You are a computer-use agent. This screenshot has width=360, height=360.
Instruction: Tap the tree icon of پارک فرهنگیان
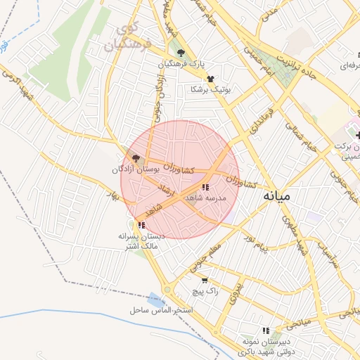click(x=181, y=53)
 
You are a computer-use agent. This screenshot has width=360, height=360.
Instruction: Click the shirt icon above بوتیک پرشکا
click(x=210, y=79)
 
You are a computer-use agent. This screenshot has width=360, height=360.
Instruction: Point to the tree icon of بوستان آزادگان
click(x=136, y=159)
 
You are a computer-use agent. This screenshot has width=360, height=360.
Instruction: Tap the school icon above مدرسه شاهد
click(x=205, y=187)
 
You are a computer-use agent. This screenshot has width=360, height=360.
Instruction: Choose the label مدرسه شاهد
click(x=205, y=198)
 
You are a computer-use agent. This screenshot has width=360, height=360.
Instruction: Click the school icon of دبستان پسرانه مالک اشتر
click(x=141, y=225)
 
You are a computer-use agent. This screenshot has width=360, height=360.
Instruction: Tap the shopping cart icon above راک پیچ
click(x=204, y=280)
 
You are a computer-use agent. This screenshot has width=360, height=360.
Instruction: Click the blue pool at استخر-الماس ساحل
click(x=155, y=299)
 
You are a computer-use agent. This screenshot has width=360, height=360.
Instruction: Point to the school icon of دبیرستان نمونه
click(x=266, y=330)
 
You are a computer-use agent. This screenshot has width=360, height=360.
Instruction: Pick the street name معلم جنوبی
click(x=204, y=257)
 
